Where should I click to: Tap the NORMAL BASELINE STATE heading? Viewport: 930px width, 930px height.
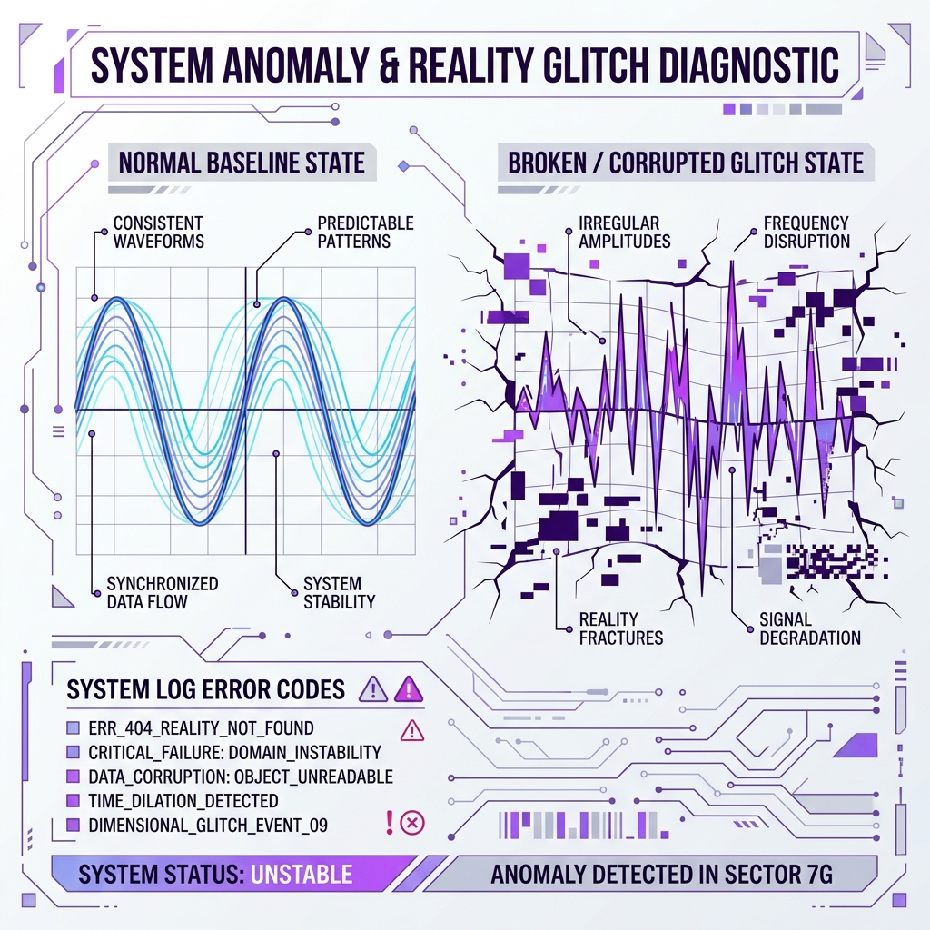click(242, 163)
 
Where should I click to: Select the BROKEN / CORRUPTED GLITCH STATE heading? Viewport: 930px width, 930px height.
click(685, 163)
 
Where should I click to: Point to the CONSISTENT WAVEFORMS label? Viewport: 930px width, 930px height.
click(158, 232)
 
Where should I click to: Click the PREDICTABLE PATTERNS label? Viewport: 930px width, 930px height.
click(365, 232)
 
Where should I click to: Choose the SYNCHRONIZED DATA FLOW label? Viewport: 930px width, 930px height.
click(163, 592)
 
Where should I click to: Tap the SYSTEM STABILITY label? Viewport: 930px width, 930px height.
click(340, 592)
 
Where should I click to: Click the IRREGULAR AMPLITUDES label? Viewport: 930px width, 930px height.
click(625, 232)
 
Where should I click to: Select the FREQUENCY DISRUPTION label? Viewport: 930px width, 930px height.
click(806, 232)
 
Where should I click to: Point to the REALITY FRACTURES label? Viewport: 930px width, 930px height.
click(621, 628)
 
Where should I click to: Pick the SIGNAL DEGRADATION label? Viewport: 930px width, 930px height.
click(810, 628)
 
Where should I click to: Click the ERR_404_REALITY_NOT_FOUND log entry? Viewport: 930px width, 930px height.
click(201, 728)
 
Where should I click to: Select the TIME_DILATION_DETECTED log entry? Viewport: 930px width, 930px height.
click(183, 801)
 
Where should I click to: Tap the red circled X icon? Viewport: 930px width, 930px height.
click(412, 823)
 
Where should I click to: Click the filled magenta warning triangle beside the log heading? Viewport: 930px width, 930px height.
click(409, 689)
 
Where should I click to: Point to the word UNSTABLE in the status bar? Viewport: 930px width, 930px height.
click(302, 875)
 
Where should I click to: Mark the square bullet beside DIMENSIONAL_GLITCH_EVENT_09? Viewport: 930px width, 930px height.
click(73, 825)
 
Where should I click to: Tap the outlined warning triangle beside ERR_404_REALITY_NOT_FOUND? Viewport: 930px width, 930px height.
click(412, 731)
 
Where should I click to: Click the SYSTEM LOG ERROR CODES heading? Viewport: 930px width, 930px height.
click(206, 690)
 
